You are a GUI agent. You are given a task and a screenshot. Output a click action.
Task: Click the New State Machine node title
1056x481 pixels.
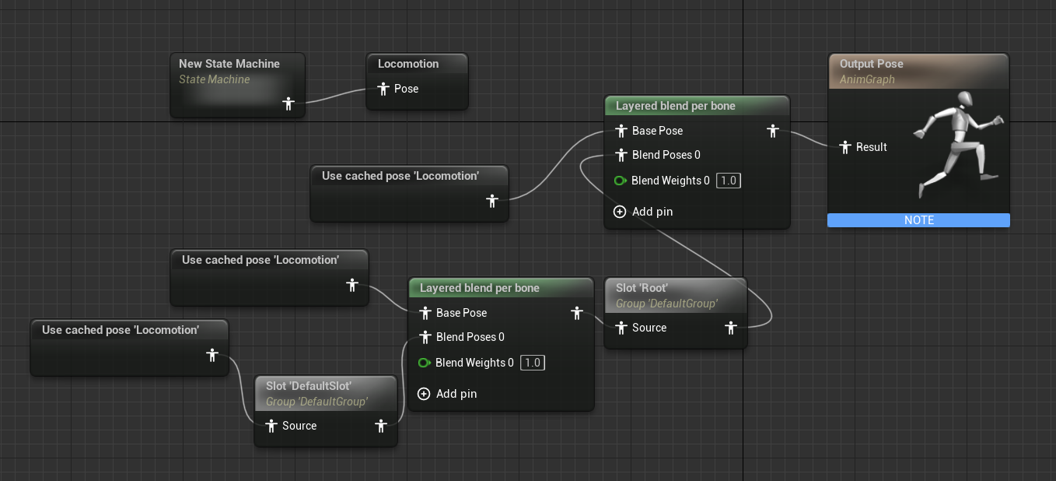point(229,64)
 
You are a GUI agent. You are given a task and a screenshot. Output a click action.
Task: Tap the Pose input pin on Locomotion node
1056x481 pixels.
point(383,89)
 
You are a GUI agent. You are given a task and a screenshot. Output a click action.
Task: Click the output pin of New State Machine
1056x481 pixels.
point(288,103)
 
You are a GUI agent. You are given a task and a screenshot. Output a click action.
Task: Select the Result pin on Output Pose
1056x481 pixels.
point(844,147)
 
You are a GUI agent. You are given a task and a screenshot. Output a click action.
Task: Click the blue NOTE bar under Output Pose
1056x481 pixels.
point(918,220)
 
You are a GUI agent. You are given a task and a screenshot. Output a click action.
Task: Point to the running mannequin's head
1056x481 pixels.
point(964,99)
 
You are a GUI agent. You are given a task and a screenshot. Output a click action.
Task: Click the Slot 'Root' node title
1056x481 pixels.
point(642,288)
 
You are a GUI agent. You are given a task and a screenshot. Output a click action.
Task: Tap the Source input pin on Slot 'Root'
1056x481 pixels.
point(621,328)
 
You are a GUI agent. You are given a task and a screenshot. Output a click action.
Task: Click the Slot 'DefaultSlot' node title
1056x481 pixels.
point(309,386)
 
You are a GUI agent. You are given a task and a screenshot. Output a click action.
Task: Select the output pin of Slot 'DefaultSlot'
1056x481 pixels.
point(381,426)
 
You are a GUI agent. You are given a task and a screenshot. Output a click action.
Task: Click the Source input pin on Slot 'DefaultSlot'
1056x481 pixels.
point(271,426)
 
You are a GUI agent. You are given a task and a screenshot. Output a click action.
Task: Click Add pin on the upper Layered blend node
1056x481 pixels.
point(643,212)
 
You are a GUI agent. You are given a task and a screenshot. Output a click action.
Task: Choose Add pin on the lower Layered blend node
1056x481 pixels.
point(447,394)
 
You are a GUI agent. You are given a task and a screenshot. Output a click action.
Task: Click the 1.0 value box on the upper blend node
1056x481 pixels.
point(728,181)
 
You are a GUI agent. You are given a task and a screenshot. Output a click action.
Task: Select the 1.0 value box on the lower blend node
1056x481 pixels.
point(532,363)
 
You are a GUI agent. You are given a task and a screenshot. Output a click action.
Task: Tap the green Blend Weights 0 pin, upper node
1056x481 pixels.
point(620,181)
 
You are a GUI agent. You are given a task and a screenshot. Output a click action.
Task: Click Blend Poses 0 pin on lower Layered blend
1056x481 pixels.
point(425,337)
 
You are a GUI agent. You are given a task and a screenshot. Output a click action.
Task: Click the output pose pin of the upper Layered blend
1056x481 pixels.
point(772,131)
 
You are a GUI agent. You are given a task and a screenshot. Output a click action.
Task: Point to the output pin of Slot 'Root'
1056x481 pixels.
point(730,328)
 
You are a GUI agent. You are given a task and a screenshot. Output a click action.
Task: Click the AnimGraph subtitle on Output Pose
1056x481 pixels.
point(867,79)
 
